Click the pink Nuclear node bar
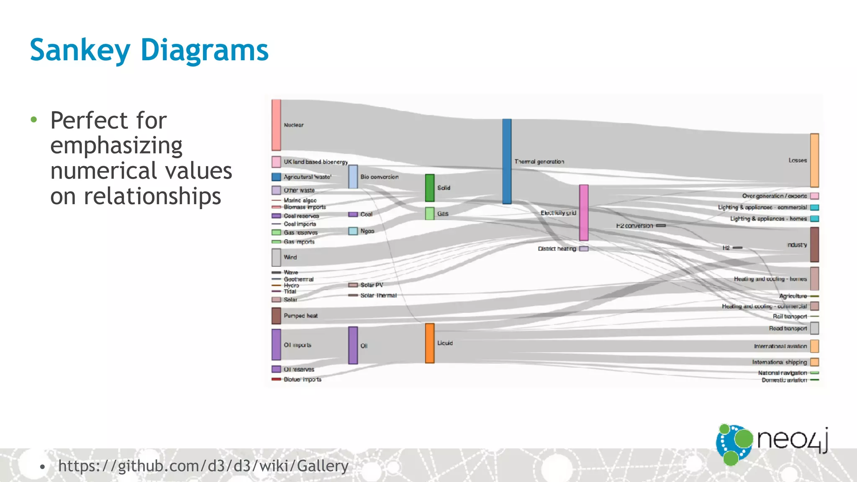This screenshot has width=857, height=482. coord(276,125)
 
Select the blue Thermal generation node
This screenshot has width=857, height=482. coord(506,162)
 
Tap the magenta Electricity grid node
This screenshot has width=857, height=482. coord(583,213)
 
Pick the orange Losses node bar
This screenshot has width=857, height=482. coord(814,160)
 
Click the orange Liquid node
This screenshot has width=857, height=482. coord(430,343)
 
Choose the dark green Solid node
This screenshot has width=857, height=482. coord(430,188)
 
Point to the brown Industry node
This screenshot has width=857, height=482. coord(814,245)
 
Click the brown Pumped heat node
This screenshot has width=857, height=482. coord(276,316)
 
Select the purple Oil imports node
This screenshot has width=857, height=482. coord(276,345)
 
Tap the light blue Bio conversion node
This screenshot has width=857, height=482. coord(353,177)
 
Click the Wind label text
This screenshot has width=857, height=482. coord(290,257)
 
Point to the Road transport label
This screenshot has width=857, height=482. coord(788,328)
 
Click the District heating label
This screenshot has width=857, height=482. coord(557,249)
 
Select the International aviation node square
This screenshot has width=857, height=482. coord(814,346)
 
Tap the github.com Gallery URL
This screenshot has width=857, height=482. coord(203,466)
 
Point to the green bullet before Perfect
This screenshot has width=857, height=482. coord(34,120)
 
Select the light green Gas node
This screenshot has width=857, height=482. coord(430,213)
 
